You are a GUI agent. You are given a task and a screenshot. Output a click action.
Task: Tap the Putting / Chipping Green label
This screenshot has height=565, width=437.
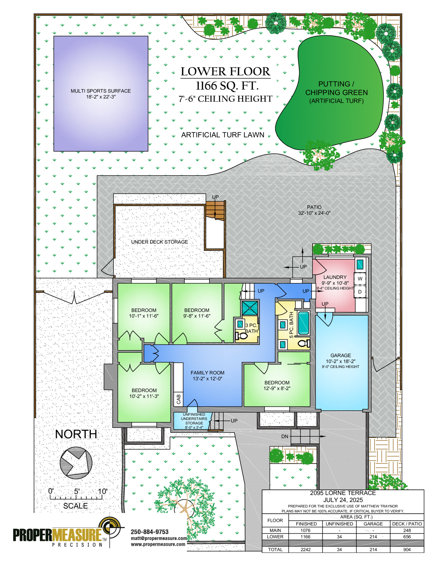click(336, 92)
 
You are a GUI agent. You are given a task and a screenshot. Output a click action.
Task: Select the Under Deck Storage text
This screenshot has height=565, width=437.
click(160, 242)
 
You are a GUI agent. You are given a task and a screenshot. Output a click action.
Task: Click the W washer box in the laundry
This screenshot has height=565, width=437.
click(360, 279)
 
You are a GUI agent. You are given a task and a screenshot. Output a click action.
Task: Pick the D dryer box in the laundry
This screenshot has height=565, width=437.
click(360, 292)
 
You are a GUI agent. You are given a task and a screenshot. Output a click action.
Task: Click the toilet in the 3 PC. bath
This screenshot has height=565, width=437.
click(241, 336)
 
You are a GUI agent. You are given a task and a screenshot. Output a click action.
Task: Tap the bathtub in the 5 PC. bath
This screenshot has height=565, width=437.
click(303, 323)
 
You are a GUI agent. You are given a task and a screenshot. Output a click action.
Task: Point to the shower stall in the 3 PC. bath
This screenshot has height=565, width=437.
click(250, 308)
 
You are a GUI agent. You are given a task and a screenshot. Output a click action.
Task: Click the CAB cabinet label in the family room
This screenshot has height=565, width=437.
click(178, 399)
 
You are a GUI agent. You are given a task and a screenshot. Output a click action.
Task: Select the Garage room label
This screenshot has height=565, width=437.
click(341, 355)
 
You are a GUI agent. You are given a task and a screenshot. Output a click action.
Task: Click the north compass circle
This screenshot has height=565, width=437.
click(76, 463)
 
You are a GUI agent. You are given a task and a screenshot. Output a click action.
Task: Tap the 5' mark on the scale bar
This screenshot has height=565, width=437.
click(77, 492)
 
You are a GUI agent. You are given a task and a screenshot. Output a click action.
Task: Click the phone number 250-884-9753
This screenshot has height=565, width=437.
click(150, 532)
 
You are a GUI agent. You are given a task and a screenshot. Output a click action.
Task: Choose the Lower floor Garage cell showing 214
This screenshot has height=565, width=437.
click(373, 537)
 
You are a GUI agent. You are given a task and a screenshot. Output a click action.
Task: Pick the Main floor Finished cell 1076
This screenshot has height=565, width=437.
click(305, 530)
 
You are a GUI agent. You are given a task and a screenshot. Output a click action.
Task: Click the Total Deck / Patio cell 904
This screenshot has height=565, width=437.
click(407, 549)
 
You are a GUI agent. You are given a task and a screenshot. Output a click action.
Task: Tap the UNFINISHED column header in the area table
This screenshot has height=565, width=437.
click(339, 524)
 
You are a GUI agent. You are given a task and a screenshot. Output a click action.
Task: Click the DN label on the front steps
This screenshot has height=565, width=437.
click(285, 437)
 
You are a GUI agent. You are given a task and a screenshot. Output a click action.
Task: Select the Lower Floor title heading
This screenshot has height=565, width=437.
click(225, 71)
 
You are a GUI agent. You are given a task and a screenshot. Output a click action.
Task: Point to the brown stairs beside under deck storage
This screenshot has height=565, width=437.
click(215, 210)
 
